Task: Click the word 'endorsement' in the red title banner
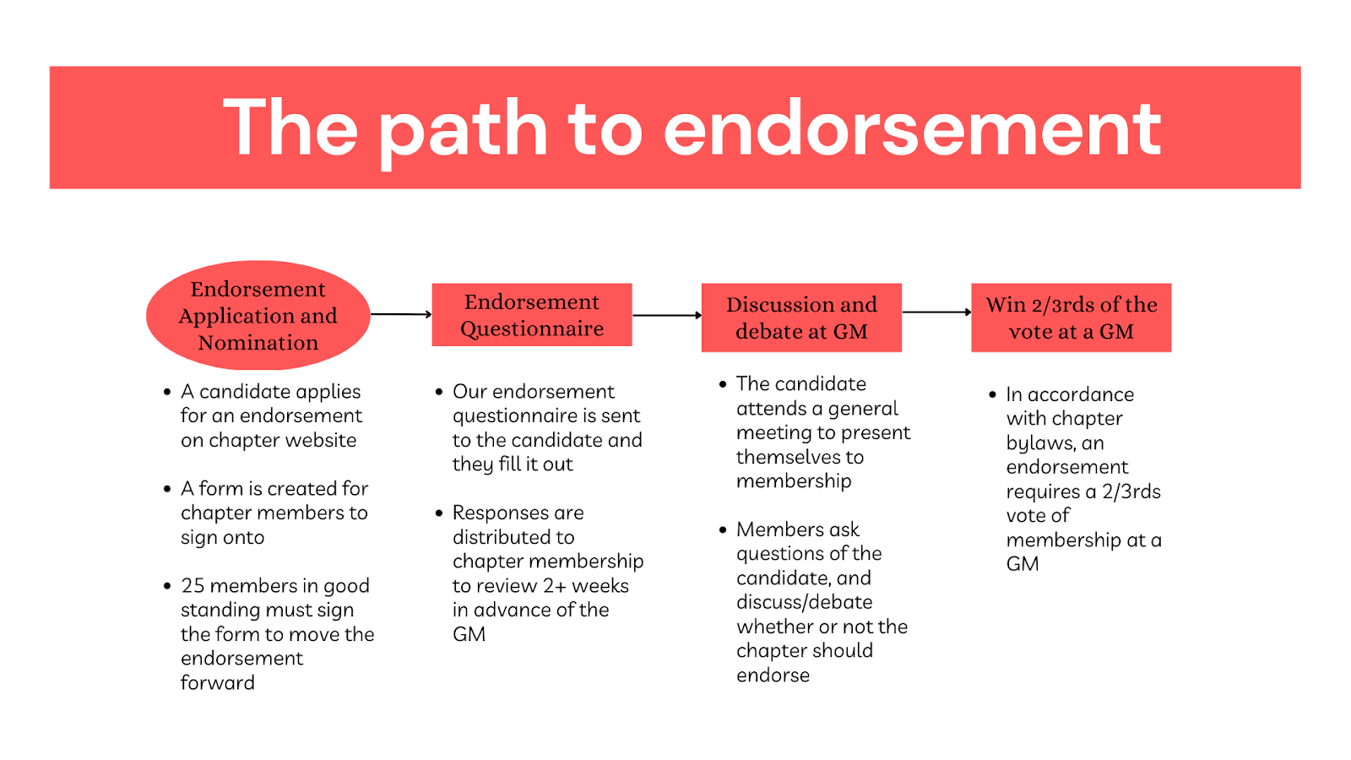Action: pos(912,128)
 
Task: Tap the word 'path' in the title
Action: pos(463,133)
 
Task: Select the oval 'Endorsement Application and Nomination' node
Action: pos(258,315)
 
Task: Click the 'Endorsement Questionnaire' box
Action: pos(532,315)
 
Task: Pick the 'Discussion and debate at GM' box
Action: pos(801,318)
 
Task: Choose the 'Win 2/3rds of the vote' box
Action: pos(1072,318)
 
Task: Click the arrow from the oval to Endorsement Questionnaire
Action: pos(401,314)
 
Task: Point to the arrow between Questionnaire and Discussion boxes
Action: pos(667,315)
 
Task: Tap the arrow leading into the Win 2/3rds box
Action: pos(936,312)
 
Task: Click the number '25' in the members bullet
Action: pos(193,586)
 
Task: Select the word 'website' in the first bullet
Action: pos(321,440)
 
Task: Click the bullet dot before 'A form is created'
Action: pos(167,489)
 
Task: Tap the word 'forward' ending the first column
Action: pos(218,683)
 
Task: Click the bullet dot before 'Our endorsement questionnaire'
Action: pos(439,392)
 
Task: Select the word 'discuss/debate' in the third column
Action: pos(805,602)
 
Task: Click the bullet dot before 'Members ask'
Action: pos(723,529)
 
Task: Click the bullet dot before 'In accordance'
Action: pos(992,394)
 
